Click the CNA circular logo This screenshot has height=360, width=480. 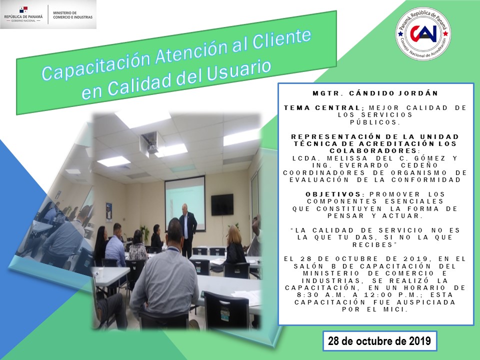pyautogui.click(x=423, y=33)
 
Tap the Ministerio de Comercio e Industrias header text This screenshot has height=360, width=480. pyautogui.click(x=72, y=15)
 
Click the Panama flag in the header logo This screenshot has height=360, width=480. pyautogui.click(x=23, y=10)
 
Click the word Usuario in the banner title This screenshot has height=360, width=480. pyautogui.click(x=239, y=71)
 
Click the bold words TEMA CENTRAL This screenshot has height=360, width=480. pyautogui.click(x=322, y=108)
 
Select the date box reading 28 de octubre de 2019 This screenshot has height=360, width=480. pyautogui.click(x=379, y=340)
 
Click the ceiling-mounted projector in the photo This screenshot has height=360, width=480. pyautogui.click(x=149, y=142)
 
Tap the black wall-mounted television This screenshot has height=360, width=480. pyautogui.click(x=222, y=204)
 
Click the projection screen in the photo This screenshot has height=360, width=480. pyautogui.click(x=185, y=203)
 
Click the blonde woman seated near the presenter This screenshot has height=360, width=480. pyautogui.click(x=235, y=244)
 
